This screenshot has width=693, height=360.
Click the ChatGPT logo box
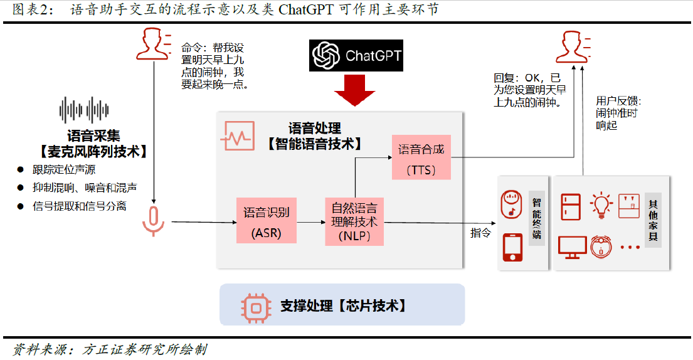tap(356, 55)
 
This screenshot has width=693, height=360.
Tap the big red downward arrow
tap(355, 91)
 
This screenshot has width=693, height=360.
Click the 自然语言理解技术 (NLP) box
tap(354, 221)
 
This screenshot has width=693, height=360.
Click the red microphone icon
tap(153, 220)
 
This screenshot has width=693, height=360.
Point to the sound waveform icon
tap(85, 110)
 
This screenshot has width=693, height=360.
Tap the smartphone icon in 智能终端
tap(512, 247)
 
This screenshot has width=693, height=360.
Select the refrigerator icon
tap(571, 204)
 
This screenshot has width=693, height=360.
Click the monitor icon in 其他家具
tap(572, 247)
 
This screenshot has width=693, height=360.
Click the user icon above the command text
tap(152, 45)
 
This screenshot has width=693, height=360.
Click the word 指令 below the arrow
tap(480, 233)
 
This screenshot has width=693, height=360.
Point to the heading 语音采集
tap(93, 135)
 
